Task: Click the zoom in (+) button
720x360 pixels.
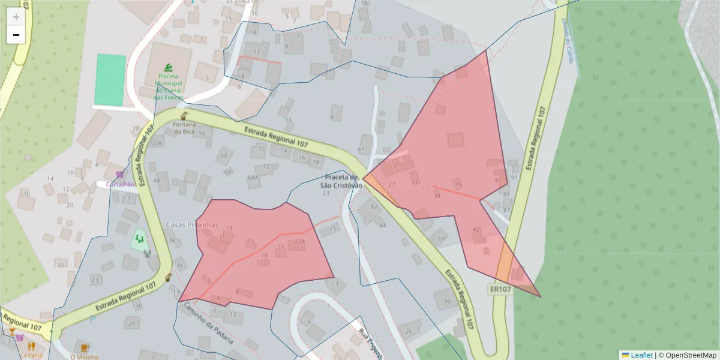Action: [x=16, y=17]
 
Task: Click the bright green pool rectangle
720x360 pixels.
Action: [x=110, y=79]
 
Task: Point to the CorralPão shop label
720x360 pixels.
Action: [x=120, y=184]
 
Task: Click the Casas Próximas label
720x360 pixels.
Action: [x=191, y=224]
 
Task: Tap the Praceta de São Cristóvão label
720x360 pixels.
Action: [x=341, y=181]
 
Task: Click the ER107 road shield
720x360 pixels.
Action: [x=500, y=289]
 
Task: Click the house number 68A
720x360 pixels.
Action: [x=253, y=178]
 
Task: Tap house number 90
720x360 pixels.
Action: [x=446, y=301]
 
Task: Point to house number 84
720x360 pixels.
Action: [x=383, y=225]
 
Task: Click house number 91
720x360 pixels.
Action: [x=514, y=178]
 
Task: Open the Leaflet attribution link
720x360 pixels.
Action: [x=641, y=355]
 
